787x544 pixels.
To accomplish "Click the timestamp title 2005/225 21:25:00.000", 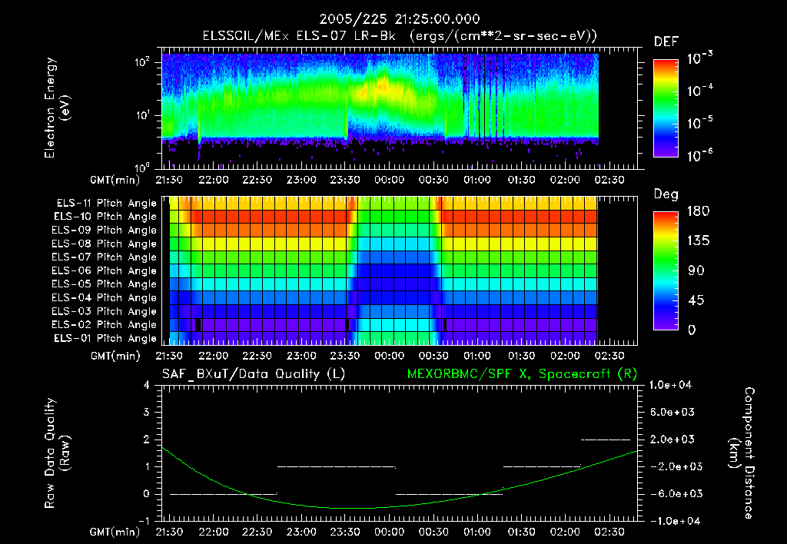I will click(393, 18).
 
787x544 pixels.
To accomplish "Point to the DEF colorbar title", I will click(666, 42).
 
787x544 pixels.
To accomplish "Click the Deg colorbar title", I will click(666, 194).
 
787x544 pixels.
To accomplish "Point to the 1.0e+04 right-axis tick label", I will click(673, 385).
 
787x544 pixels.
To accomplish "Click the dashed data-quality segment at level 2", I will click(606, 440).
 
